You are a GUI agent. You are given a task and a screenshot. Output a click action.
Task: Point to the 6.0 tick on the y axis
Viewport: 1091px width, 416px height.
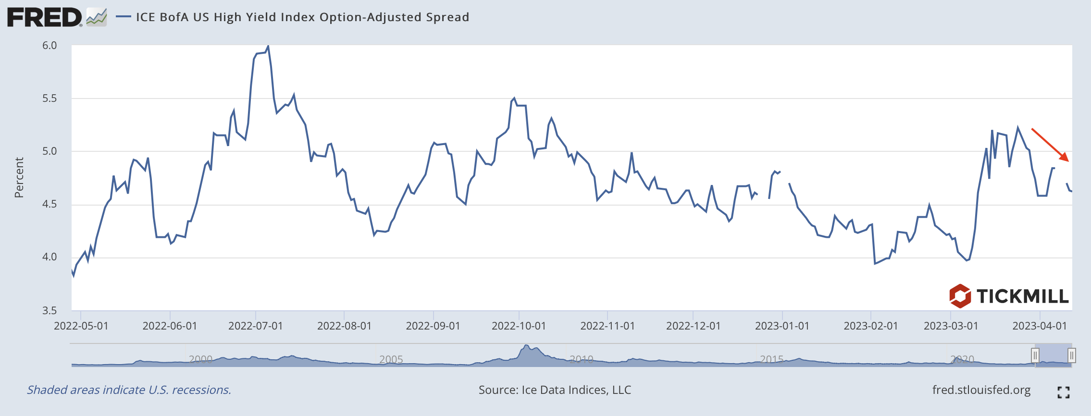(x=50, y=46)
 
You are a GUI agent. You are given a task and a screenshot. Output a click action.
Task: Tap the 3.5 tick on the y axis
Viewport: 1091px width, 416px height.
(x=50, y=310)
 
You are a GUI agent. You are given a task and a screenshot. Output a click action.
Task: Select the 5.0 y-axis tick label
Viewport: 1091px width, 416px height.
(x=50, y=151)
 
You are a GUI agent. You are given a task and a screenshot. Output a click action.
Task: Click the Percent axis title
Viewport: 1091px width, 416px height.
(x=19, y=178)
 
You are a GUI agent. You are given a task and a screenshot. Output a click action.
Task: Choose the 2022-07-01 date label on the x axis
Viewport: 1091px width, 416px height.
(x=255, y=326)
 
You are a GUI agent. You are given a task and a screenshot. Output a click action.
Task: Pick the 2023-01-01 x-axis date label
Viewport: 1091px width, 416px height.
(x=782, y=326)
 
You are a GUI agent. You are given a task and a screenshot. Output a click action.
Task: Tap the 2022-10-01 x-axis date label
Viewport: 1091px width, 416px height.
(x=519, y=326)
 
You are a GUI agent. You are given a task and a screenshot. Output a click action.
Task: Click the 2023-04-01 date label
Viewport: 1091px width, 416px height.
(x=1040, y=326)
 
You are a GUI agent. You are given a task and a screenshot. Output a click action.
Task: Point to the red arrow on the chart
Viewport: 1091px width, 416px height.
(x=1050, y=145)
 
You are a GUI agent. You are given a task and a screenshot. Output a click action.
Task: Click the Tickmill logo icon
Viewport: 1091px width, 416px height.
(x=960, y=296)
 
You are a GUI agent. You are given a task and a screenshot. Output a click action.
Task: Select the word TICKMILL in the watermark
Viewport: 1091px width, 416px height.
(x=1022, y=296)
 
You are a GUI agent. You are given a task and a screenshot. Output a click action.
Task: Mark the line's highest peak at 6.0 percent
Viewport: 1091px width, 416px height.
(x=268, y=46)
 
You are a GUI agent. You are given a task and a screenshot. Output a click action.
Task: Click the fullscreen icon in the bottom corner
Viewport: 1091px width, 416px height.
(x=1064, y=392)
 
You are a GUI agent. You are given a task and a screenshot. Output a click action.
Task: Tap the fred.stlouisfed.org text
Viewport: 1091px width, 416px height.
(x=981, y=390)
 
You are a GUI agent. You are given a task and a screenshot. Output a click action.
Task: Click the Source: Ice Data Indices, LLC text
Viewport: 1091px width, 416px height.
(x=555, y=390)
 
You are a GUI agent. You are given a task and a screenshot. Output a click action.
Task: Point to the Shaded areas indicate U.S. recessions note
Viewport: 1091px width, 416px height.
(x=129, y=390)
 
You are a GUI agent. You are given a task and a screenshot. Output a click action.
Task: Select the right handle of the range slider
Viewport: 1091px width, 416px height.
(x=1071, y=355)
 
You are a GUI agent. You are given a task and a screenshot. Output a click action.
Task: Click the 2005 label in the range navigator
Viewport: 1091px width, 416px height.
(x=391, y=359)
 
